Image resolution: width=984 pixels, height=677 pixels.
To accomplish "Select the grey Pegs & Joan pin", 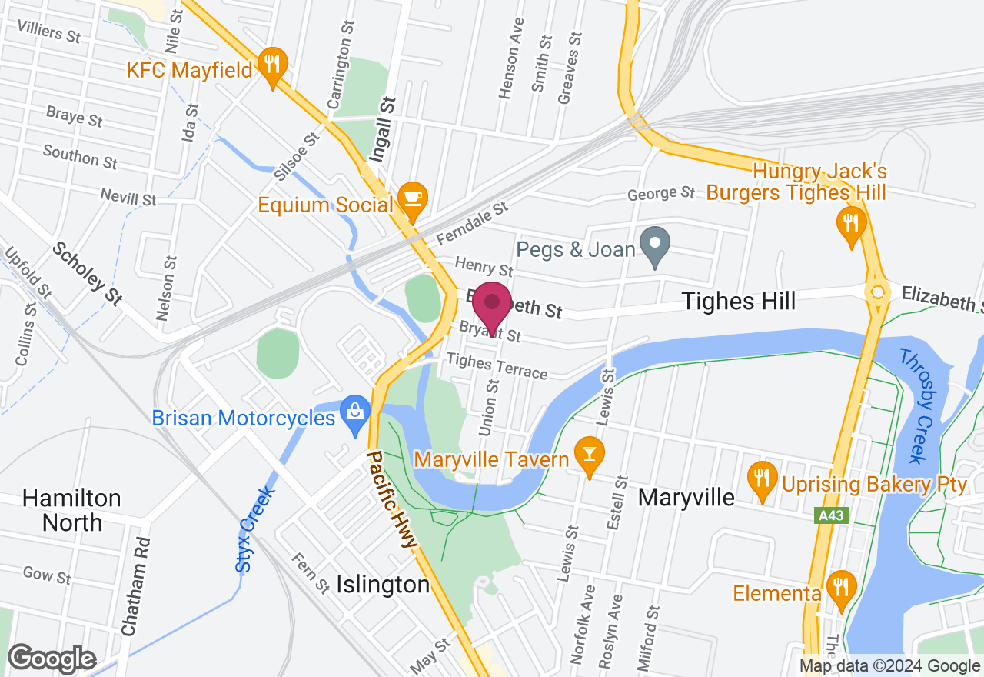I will (655, 244).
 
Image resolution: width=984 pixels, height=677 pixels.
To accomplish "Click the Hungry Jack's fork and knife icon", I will (850, 223).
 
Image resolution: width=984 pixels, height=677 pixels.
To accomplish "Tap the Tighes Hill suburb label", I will (740, 301).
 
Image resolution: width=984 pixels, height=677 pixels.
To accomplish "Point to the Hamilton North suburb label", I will (71, 510).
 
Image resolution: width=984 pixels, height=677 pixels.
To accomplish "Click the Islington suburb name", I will (383, 585).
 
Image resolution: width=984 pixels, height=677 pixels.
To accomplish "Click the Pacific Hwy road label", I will (392, 499).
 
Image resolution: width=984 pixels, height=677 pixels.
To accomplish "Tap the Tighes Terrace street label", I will (497, 365).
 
